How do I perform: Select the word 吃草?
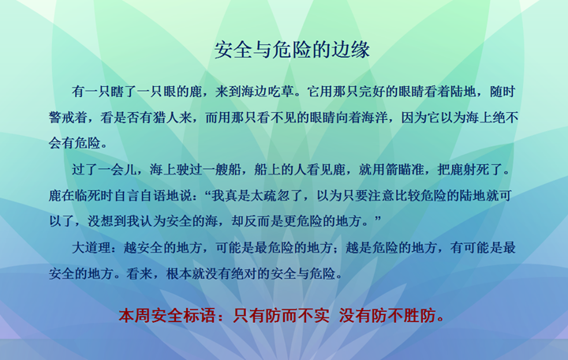pos(281,92)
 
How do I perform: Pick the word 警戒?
pos(62,118)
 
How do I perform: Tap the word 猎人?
pos(166,118)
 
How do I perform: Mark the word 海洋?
pos(375,118)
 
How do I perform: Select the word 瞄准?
pos(411,169)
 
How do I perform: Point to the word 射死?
pos(476,169)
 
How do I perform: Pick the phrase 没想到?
pos(107,221)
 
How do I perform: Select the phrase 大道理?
pos(92,248)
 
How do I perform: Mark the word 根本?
pos(179,274)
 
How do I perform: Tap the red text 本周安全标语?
pos(167,316)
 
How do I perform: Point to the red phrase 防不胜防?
pos(395,316)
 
